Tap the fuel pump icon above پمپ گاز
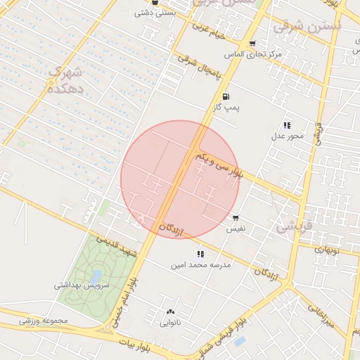click(225, 97)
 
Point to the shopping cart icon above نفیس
click(235, 218)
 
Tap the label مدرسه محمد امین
click(200, 265)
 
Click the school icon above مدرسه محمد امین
click(201, 254)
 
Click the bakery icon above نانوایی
click(169, 312)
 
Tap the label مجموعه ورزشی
click(43, 321)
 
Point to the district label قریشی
click(290, 226)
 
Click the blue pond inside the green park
click(96, 276)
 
